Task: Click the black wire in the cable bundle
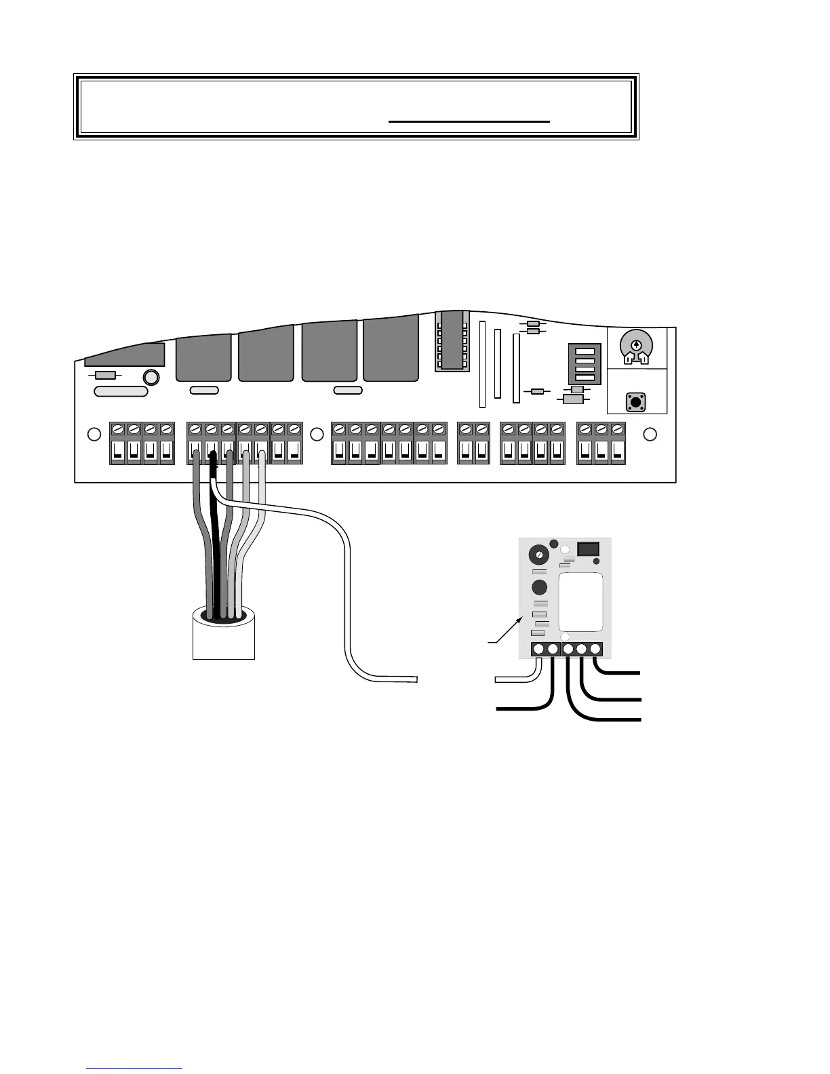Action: click(x=216, y=542)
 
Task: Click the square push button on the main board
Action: click(x=635, y=401)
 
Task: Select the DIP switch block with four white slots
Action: click(x=584, y=363)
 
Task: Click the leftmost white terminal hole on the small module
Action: click(x=539, y=650)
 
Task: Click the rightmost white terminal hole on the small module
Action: click(x=595, y=650)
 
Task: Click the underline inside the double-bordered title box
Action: click(x=469, y=121)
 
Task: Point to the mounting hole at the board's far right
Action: click(x=650, y=435)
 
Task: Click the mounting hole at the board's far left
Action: click(x=95, y=435)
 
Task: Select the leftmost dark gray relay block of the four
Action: click(x=203, y=357)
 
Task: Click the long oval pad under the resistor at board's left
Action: click(x=121, y=391)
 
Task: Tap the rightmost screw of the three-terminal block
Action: click(x=617, y=429)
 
